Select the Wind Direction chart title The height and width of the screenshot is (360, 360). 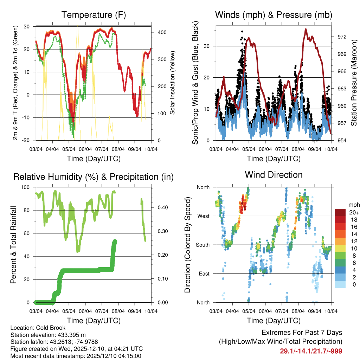274,174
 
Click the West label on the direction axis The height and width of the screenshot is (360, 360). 203,216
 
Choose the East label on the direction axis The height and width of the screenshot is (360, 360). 204,274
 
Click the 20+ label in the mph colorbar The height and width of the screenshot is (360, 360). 353,212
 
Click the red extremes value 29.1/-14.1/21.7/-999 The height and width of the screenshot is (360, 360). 311,351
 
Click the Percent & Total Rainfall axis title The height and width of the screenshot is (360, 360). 13,240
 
